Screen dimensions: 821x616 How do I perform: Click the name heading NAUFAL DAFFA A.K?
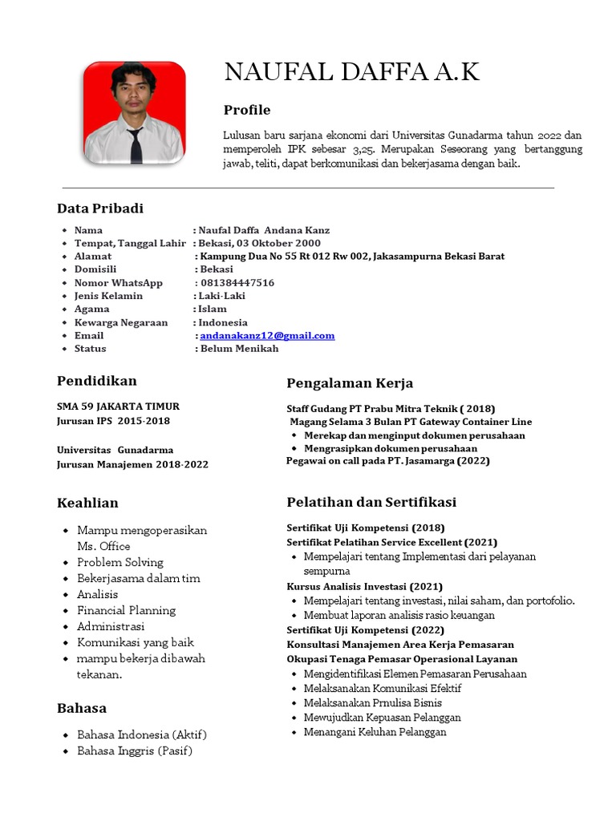[351, 72]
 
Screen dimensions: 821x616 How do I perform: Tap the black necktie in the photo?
[136, 145]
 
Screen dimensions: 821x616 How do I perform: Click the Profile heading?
[247, 110]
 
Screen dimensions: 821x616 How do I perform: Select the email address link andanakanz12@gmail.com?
[267, 336]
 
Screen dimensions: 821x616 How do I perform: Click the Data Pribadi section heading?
[100, 208]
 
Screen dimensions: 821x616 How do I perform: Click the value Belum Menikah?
[239, 349]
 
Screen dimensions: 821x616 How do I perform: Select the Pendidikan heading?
[97, 381]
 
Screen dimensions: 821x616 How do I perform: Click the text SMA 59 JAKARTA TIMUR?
[118, 406]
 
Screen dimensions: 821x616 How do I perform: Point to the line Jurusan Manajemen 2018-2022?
[132, 464]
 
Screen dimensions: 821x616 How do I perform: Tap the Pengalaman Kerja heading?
[350, 383]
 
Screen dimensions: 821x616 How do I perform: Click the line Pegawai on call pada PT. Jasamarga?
[387, 461]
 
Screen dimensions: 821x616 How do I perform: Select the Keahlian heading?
[87, 503]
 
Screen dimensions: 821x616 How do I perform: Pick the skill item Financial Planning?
[126, 610]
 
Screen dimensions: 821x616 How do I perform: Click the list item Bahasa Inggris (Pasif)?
[135, 751]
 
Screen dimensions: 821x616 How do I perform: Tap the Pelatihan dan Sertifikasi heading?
[371, 502]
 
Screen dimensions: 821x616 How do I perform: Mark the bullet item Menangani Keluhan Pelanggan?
[375, 732]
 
